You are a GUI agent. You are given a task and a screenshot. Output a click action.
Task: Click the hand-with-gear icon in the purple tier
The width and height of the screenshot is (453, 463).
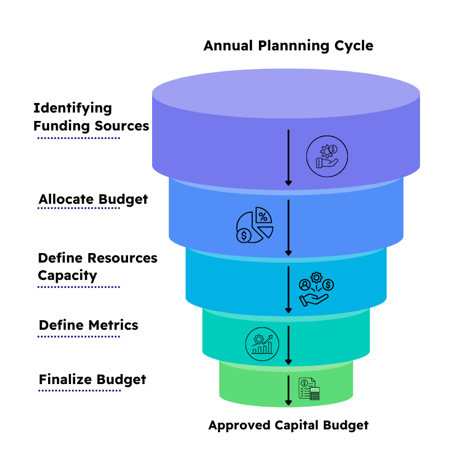[x=327, y=157]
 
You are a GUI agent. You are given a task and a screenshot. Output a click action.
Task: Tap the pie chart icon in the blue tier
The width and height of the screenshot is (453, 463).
[x=254, y=225]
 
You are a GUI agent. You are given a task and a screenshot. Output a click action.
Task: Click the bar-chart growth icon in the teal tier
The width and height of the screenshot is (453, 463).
[x=262, y=344]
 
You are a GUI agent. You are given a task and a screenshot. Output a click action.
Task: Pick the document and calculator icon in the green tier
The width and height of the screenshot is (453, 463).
[x=309, y=389]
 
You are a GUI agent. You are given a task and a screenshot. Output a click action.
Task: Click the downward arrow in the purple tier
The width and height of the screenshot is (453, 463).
[x=289, y=157]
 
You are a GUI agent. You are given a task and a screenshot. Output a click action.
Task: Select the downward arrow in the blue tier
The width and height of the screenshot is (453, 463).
[x=289, y=227]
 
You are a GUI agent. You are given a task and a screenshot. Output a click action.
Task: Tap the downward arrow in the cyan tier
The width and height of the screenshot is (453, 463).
[x=289, y=289]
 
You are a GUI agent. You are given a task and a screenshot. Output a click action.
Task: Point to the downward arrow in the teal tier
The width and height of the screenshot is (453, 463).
[x=289, y=345]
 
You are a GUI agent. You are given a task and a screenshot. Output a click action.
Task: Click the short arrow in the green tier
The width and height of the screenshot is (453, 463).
[x=289, y=390]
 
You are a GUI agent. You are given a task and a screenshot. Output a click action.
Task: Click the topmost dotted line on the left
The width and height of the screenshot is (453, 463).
[x=79, y=138]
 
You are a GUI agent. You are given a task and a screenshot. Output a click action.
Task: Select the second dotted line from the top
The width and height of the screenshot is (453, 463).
[x=79, y=208]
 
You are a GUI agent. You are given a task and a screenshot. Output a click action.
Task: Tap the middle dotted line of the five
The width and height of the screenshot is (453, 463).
[x=79, y=287]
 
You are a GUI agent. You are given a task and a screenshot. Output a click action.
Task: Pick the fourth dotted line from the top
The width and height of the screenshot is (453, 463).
[x=79, y=336]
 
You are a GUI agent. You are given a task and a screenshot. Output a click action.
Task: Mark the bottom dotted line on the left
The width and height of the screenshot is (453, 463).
[x=79, y=391]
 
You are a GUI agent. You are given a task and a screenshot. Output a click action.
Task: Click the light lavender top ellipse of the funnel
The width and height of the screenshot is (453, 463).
[x=286, y=93]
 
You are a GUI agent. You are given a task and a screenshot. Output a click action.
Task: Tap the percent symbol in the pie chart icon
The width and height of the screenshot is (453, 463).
[x=263, y=217]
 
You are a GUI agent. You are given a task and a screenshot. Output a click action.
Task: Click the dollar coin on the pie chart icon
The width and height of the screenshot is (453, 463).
[x=244, y=236]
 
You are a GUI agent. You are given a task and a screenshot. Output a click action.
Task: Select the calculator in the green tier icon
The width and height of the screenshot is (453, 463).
[x=315, y=394]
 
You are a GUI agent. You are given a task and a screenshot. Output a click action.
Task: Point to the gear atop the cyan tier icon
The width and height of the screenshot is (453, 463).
[x=317, y=278]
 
